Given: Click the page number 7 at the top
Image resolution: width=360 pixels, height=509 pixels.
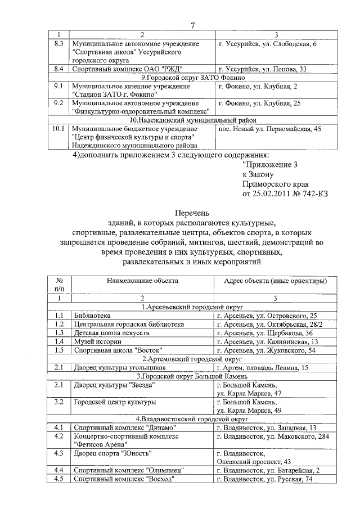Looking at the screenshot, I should point(192,25).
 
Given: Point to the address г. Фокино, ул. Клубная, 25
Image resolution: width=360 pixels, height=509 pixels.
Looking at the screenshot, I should point(259,103).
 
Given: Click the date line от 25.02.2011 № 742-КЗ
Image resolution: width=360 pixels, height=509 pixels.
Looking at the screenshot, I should point(285,193).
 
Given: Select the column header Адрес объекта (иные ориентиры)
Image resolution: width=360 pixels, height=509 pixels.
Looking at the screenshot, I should point(275,280).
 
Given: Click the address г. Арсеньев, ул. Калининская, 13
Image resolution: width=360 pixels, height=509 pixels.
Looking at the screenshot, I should point(268,341).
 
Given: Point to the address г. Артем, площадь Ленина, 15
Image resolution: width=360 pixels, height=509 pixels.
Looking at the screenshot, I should point(263,367).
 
